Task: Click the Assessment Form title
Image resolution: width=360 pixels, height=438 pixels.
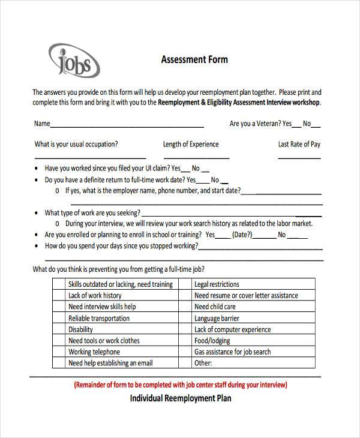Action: coord(194,60)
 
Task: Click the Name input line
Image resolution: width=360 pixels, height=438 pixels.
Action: coord(127,126)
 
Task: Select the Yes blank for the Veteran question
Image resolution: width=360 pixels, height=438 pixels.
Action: coord(296,126)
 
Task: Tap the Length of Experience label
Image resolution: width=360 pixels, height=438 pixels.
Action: coord(191,144)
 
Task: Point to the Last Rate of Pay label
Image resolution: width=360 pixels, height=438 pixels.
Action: coord(299,144)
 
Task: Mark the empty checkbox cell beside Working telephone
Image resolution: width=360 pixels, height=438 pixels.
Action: coord(58,352)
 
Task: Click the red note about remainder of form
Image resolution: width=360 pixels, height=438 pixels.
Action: coord(180,385)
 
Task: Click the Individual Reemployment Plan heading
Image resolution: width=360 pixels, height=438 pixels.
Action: coord(180,398)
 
